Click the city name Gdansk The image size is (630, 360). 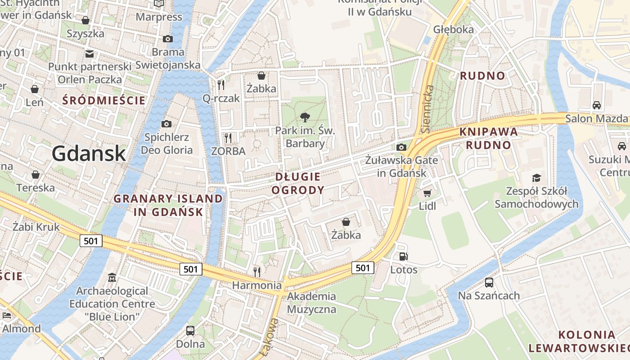click(x=88, y=153)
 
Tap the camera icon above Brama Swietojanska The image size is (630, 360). click(x=168, y=39)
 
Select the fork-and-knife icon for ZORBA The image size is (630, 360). click(x=228, y=137)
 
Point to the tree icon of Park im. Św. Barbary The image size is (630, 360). click(x=306, y=117)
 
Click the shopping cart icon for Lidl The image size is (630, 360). click(x=427, y=193)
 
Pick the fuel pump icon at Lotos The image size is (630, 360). click(x=404, y=256)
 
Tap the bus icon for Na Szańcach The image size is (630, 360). click(x=489, y=283)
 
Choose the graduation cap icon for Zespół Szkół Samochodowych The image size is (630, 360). click(x=536, y=178)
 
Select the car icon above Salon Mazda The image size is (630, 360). click(x=597, y=105)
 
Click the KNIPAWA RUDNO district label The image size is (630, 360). click(x=489, y=139)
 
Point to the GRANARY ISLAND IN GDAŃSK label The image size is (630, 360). click(x=168, y=205)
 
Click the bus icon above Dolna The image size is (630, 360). click(x=190, y=331)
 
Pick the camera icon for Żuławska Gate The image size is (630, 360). click(x=401, y=147)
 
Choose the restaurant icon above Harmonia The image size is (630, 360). click(x=257, y=272)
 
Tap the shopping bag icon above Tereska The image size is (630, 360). click(x=35, y=175)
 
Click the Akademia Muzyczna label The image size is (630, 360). click(x=311, y=302)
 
